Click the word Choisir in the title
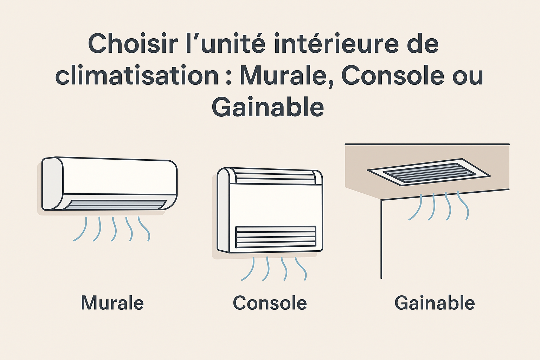pos(133,44)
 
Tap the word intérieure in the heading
pos(337,44)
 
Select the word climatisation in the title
pos(137,75)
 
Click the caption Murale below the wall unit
pos(112,302)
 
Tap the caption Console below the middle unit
pos(270,302)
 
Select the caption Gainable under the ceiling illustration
pos(435,302)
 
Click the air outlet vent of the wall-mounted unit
pos(116,205)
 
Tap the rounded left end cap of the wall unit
pos(52,184)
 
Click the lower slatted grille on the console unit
pos(276,237)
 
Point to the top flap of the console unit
pos(275,176)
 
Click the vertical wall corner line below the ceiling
pos(381,239)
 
